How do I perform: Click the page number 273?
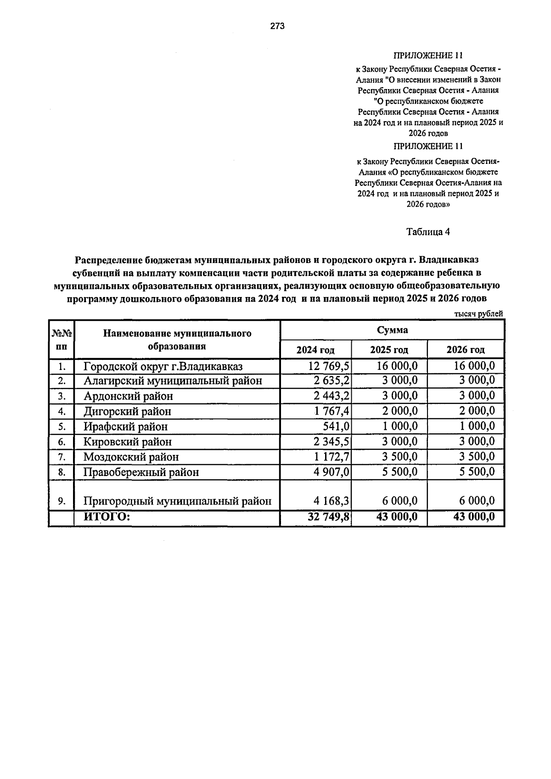(x=277, y=26)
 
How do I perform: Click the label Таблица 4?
(x=428, y=232)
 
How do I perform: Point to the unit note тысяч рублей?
(x=478, y=314)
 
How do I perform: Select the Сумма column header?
(x=392, y=330)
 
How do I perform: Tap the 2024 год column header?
(x=315, y=350)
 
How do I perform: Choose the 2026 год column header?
(x=465, y=350)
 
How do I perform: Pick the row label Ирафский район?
(x=125, y=426)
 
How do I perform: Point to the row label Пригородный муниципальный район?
(x=177, y=501)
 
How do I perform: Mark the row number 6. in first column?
(x=62, y=442)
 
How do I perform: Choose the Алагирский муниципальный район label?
(x=173, y=381)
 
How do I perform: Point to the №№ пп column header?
(x=62, y=340)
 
